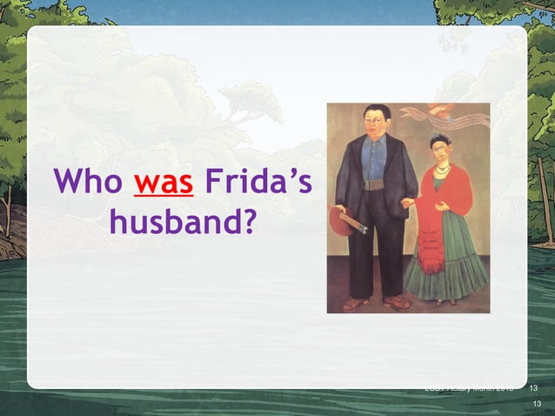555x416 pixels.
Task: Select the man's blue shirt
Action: (375, 157)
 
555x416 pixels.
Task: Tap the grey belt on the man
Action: (375, 185)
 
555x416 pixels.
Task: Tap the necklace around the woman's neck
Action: (442, 169)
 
